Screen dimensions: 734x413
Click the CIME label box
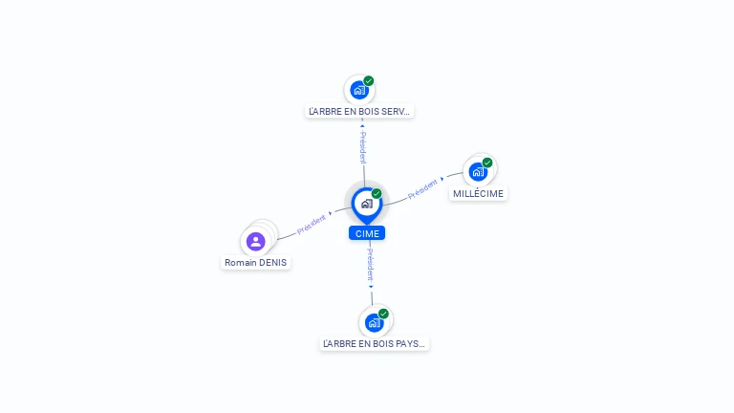(x=367, y=233)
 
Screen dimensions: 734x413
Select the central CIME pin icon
(x=367, y=206)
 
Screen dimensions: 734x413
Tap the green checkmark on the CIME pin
(x=377, y=193)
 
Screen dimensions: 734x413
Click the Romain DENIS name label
(x=255, y=263)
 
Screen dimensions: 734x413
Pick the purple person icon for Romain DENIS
(x=255, y=242)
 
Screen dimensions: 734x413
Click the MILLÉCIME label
(x=478, y=194)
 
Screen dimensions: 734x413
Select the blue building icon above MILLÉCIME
(x=478, y=172)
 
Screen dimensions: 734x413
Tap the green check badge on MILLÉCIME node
(x=487, y=163)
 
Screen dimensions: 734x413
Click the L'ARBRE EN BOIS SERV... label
(x=359, y=112)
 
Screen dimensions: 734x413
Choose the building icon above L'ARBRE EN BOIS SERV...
(x=359, y=90)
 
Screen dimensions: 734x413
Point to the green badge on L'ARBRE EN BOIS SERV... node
(x=369, y=81)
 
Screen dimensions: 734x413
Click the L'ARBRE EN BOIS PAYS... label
(x=374, y=344)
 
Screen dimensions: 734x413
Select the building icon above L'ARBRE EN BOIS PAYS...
(x=374, y=322)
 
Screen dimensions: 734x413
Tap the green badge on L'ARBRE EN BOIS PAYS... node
(x=383, y=314)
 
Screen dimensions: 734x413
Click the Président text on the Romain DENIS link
(x=312, y=225)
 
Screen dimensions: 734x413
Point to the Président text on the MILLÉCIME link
(x=422, y=188)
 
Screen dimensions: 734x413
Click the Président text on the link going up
(x=363, y=147)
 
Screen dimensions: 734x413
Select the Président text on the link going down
(x=370, y=265)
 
